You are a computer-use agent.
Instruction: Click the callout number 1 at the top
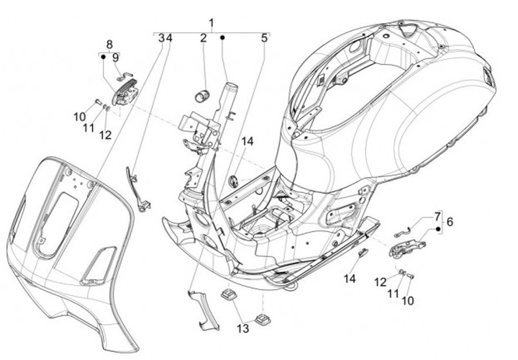(x=211, y=24)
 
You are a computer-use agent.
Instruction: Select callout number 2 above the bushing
(x=203, y=38)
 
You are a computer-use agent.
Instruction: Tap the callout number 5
(x=264, y=38)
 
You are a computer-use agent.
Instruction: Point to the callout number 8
(x=109, y=44)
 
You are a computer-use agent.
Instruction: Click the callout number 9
(x=115, y=58)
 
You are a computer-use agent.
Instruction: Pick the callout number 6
(x=450, y=222)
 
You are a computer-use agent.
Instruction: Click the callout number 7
(x=437, y=217)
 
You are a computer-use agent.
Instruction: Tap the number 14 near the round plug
(x=247, y=142)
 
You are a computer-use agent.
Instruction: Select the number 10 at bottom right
(x=408, y=301)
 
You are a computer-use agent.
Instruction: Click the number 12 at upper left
(x=106, y=135)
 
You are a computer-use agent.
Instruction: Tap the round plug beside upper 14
(x=235, y=182)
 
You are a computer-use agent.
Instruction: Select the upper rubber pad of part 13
(x=227, y=295)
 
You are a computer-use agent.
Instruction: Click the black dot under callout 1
(x=222, y=37)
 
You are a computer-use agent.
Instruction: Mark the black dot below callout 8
(x=103, y=57)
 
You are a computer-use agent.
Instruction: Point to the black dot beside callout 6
(x=438, y=229)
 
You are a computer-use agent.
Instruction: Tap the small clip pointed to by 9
(x=124, y=76)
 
